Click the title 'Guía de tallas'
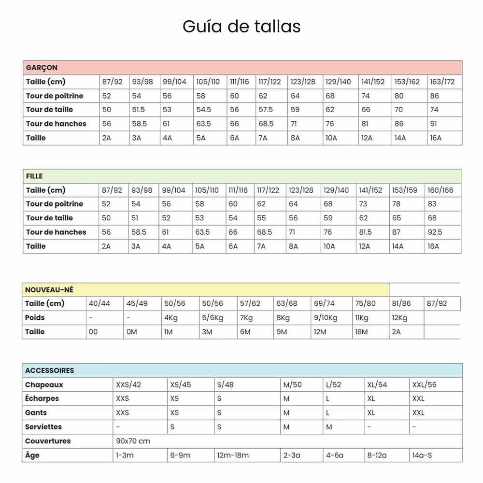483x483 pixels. [241, 26]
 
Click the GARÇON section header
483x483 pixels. [42, 68]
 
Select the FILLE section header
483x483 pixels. [35, 176]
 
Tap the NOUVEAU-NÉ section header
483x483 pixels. [49, 290]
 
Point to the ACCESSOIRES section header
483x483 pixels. [50, 370]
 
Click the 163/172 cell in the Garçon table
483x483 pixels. [442, 82]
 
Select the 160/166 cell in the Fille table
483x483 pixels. [440, 190]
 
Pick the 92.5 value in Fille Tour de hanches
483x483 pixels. [435, 232]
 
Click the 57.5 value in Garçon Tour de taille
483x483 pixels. [265, 110]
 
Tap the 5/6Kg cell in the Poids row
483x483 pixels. [213, 318]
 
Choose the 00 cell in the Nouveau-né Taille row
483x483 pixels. [93, 332]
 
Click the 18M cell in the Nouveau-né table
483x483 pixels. [361, 332]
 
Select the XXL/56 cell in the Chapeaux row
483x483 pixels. [424, 385]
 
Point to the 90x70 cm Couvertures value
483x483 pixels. [133, 441]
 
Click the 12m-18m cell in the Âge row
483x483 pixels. [233, 455]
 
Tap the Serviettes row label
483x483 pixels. [43, 427]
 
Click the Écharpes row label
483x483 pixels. [42, 398]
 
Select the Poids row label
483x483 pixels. [35, 318]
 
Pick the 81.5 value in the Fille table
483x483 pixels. [366, 232]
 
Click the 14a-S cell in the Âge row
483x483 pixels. [422, 455]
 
